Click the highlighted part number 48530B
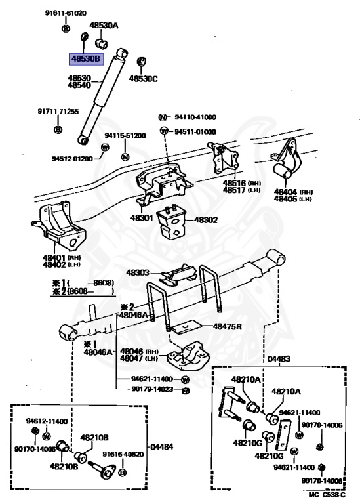86,59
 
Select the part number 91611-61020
66,13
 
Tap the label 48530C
143,79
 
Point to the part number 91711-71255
58,111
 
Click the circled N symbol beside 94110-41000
163,117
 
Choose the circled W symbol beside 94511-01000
164,131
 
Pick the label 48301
142,218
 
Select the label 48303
138,272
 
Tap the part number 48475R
228,327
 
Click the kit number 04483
279,358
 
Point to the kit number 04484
162,446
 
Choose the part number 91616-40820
123,454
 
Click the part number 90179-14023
152,389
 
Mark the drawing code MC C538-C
327,495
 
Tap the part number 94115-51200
125,135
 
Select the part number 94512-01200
72,159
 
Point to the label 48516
234,183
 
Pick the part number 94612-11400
47,421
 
